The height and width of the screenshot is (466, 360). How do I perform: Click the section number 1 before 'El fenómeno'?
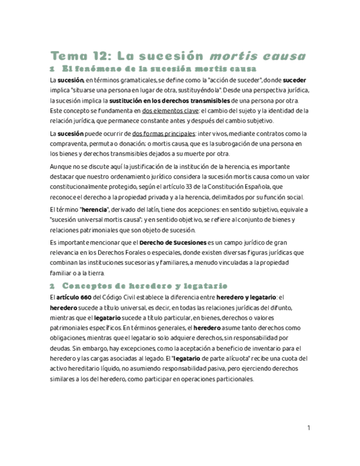click(x=52, y=69)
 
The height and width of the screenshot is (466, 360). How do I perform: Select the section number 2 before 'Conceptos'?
click(x=52, y=286)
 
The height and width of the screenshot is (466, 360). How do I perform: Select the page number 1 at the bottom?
click(x=309, y=428)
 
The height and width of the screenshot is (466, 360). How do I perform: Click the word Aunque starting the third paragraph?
click(x=60, y=167)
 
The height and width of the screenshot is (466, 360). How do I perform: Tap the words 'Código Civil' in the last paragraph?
click(x=120, y=297)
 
